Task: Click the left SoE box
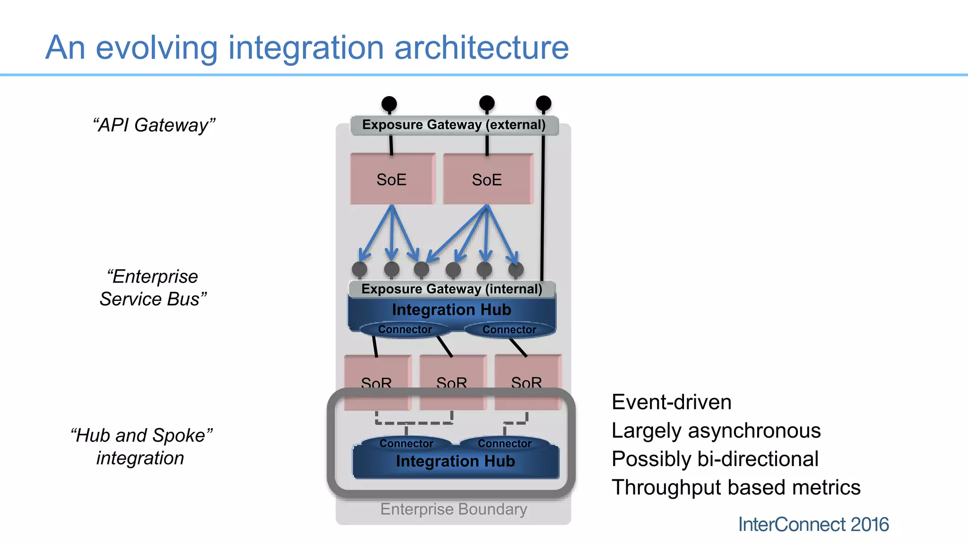[392, 179]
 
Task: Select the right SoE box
[488, 179]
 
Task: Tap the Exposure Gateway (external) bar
[454, 125]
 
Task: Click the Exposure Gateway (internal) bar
[451, 289]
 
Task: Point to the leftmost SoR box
[377, 381]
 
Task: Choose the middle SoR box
[452, 381]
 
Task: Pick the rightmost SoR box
[527, 381]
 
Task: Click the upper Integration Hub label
[451, 310]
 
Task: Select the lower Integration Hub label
[455, 461]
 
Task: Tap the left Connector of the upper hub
[405, 329]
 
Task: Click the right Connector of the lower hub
[504, 443]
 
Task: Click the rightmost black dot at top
[544, 103]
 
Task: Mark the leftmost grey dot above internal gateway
[360, 269]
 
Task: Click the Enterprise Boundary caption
[453, 509]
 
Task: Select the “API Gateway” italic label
[154, 125]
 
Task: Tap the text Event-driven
[671, 402]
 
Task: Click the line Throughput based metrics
[736, 487]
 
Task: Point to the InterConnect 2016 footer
[813, 524]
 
